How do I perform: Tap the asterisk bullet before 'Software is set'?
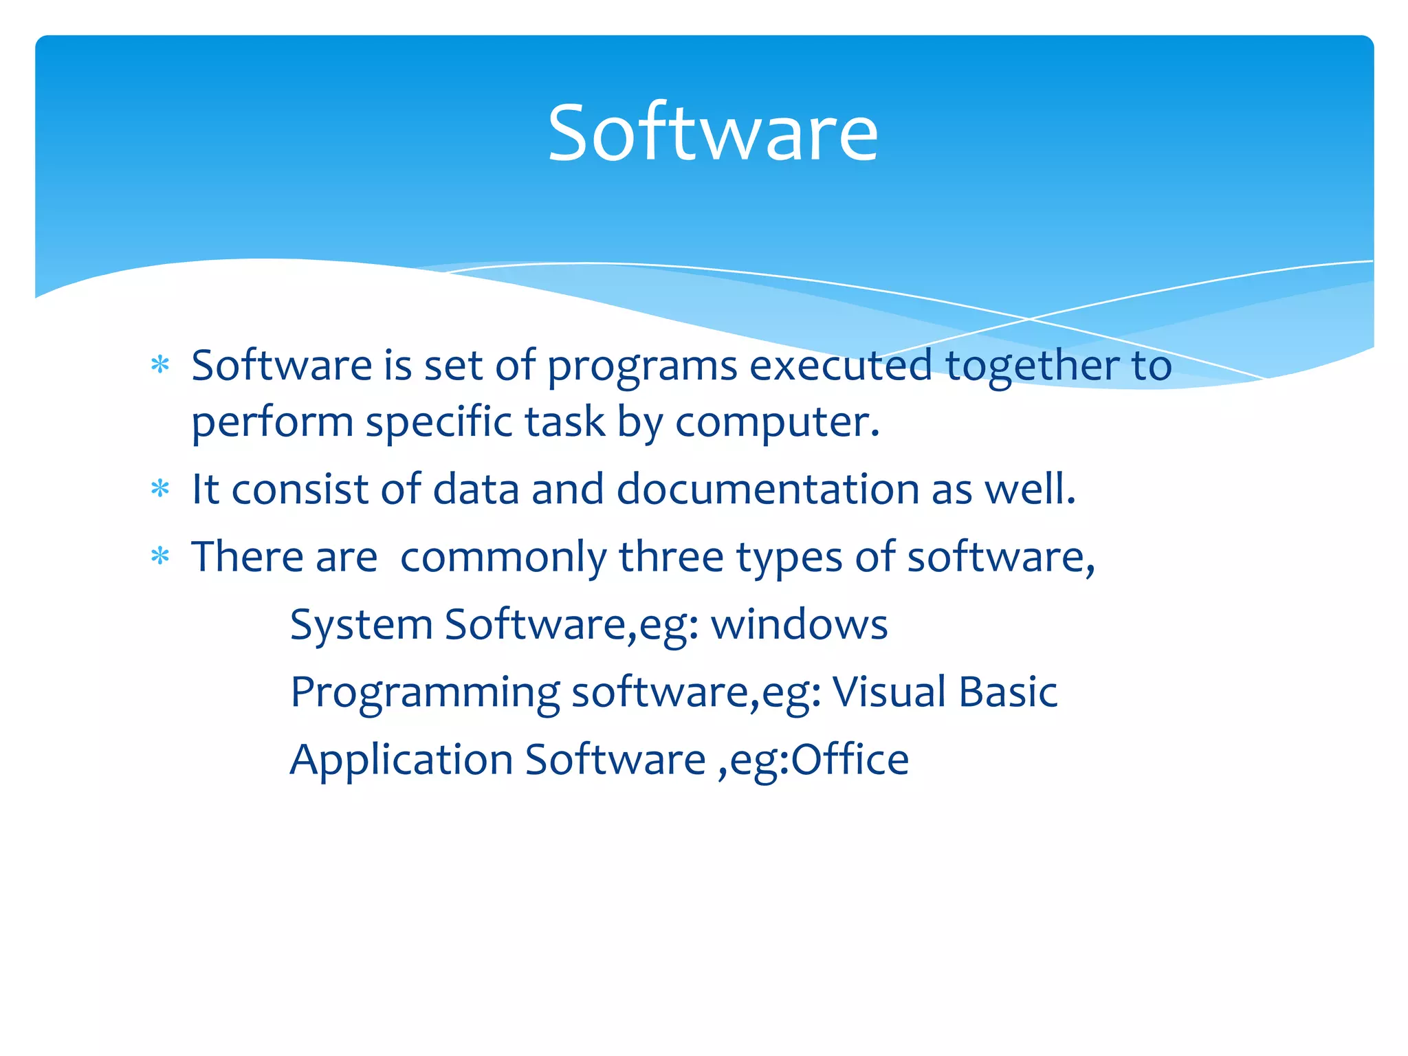click(160, 364)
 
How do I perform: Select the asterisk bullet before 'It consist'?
click(160, 489)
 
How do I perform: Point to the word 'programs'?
click(642, 366)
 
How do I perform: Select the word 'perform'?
click(272, 423)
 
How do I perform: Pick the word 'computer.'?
click(778, 423)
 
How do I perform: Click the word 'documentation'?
click(768, 489)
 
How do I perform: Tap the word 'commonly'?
click(503, 558)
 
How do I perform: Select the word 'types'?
click(789, 558)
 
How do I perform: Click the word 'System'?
click(361, 625)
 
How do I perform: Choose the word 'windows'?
click(799, 624)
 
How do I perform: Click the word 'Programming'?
click(425, 693)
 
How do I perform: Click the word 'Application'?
click(401, 760)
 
